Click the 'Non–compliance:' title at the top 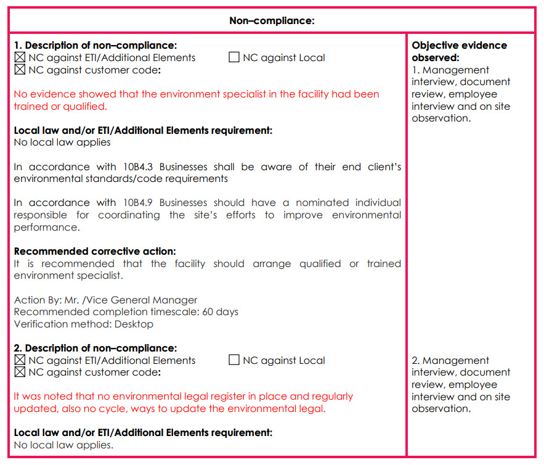coord(272,20)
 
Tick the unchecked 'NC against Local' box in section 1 coord(234,58)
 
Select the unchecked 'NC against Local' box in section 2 coord(234,360)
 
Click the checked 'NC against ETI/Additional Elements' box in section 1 coord(20,58)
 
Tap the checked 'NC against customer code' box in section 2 coord(20,372)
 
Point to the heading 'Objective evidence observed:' coord(459,51)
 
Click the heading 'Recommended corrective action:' coord(95,251)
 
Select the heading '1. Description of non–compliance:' coord(95,46)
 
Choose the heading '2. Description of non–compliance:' coord(95,348)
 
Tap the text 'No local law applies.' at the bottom coord(63,445)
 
